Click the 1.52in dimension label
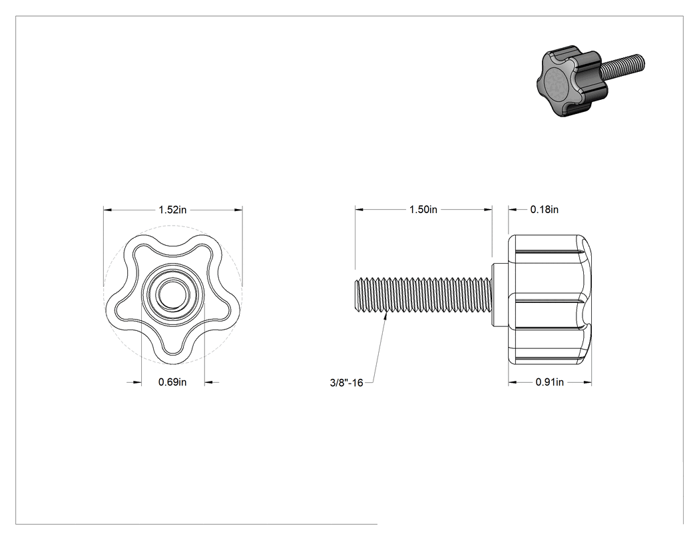click(x=172, y=210)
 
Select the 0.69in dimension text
click(x=172, y=382)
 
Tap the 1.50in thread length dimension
click(x=423, y=210)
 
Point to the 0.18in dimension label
click(x=545, y=210)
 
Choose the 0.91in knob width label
click(x=550, y=382)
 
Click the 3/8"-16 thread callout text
click(x=346, y=383)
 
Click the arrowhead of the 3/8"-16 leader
click(x=387, y=316)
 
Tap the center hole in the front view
click(x=173, y=294)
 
